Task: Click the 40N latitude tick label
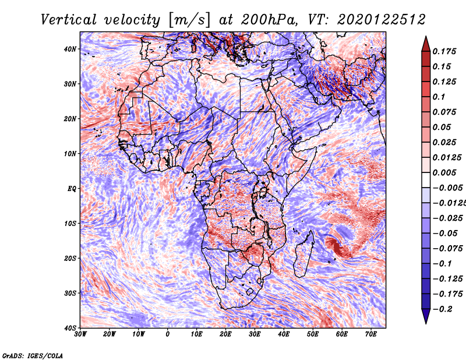pyautogui.click(x=70, y=49)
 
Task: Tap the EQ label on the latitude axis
pyautogui.click(x=72, y=189)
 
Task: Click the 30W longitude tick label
pyautogui.click(x=80, y=334)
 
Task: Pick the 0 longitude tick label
pyautogui.click(x=168, y=334)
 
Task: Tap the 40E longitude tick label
pyautogui.click(x=284, y=334)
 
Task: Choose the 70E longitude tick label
pyautogui.click(x=371, y=334)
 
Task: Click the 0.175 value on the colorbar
pyautogui.click(x=444, y=52)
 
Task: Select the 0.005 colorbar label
pyautogui.click(x=444, y=172)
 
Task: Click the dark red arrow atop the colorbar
pyautogui.click(x=426, y=44)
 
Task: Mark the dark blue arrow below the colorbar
pyautogui.click(x=426, y=316)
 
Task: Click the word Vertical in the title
pyautogui.click(x=69, y=20)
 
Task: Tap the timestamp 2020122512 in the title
pyautogui.click(x=382, y=20)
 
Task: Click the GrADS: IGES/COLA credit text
pyautogui.click(x=33, y=356)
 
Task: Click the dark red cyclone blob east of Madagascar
pyautogui.click(x=336, y=246)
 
